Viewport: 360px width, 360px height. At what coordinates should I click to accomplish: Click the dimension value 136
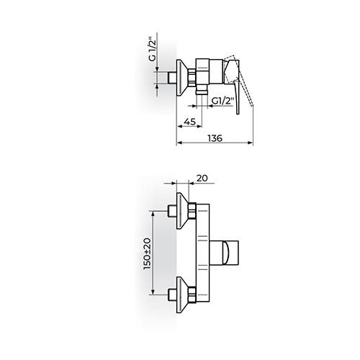[215, 138]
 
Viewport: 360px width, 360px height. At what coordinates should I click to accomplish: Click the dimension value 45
[189, 122]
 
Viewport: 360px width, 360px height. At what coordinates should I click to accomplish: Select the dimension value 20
[202, 178]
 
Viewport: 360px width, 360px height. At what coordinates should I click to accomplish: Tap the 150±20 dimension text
[147, 253]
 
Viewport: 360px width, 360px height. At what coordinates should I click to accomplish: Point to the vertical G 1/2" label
[153, 49]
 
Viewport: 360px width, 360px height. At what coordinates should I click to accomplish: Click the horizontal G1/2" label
[222, 101]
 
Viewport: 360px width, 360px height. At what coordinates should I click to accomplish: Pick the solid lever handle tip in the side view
[238, 112]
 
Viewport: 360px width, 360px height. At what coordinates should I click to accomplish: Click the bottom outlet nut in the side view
[202, 93]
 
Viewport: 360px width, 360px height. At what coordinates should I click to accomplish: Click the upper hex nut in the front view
[192, 211]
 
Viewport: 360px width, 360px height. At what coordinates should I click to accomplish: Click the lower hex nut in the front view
[192, 295]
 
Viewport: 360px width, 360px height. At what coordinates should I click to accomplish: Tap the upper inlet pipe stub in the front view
[172, 211]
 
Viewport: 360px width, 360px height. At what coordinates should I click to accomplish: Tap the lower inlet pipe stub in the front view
[172, 295]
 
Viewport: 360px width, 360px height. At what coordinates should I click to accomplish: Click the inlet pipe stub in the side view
[172, 78]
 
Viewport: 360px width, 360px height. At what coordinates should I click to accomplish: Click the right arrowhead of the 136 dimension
[251, 143]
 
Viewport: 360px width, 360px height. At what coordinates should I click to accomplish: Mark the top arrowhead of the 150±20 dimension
[153, 214]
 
